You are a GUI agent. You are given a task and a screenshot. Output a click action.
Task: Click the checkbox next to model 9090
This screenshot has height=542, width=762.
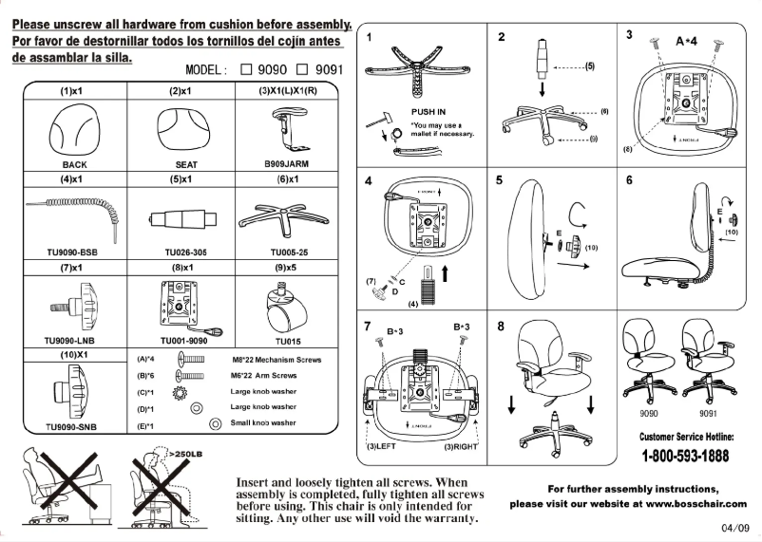tap(246, 69)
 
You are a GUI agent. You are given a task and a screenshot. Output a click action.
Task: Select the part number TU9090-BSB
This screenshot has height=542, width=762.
tap(72, 252)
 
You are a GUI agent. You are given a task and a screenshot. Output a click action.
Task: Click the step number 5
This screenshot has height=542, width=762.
tap(499, 179)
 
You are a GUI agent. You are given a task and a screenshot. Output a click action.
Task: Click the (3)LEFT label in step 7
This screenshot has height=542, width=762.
tap(384, 444)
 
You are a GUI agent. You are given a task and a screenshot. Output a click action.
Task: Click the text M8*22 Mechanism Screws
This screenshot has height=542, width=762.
tap(276, 361)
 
